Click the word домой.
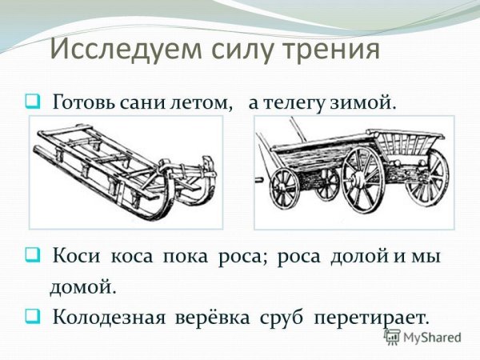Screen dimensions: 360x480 tap(83, 285)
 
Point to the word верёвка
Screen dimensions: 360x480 tap(212, 316)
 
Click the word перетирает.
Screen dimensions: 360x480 tap(373, 316)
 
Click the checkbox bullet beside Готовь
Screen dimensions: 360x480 tap(33, 103)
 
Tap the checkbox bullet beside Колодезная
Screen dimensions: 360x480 tap(33, 316)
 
